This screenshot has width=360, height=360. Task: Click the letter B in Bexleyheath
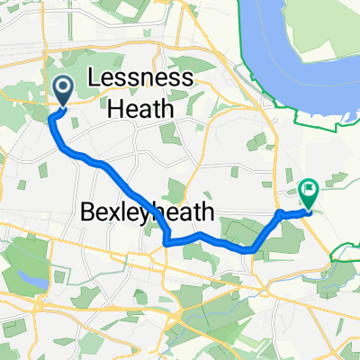point(88,214)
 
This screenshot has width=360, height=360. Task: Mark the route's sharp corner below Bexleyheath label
point(166,240)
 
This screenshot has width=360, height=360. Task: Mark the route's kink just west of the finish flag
point(281,213)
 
